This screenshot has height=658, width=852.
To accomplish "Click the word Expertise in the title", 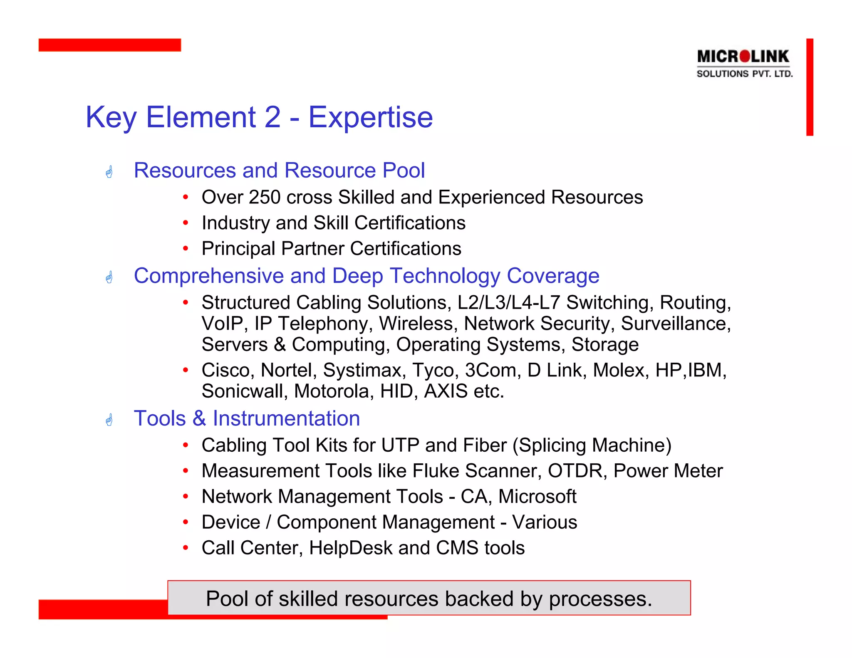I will (x=370, y=117).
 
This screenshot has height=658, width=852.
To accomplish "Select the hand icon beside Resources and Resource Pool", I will (x=109, y=171).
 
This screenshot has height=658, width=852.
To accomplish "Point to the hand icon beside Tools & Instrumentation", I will (x=109, y=420).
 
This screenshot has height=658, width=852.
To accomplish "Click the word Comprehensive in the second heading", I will (x=209, y=276).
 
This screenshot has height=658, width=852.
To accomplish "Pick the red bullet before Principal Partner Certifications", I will (x=186, y=249).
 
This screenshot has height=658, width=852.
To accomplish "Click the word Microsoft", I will (x=537, y=497).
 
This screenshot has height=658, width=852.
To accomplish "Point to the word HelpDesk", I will (x=350, y=548).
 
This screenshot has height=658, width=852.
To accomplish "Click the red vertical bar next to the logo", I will (x=809, y=87).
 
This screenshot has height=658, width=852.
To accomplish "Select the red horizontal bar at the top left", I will (x=109, y=45).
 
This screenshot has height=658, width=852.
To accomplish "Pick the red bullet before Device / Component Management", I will (x=186, y=522).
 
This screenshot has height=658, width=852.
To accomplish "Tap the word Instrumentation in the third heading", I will (x=286, y=418).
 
